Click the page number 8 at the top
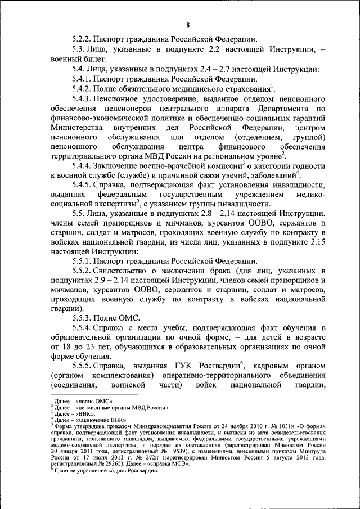click(187, 24)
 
